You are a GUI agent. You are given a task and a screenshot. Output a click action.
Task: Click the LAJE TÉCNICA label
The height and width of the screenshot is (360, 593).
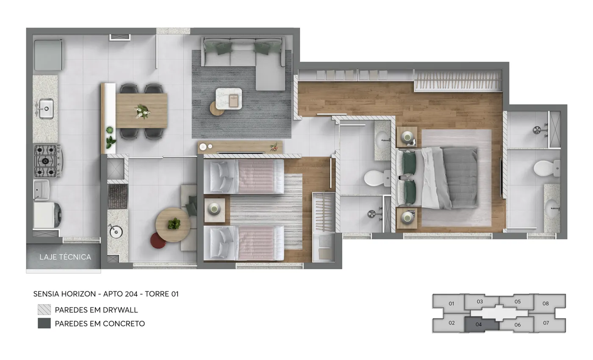tap(65, 257)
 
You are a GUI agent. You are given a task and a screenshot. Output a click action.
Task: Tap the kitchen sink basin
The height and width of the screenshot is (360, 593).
tap(46, 108)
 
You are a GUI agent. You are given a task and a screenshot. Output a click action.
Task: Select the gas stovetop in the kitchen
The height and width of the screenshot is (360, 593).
tap(47, 161)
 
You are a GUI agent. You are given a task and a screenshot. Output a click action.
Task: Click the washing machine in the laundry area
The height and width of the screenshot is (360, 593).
tap(47, 215)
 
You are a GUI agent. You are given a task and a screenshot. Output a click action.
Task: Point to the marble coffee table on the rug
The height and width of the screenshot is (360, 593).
tap(228, 98)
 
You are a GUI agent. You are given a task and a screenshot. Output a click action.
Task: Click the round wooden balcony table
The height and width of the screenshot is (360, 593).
tap(173, 225)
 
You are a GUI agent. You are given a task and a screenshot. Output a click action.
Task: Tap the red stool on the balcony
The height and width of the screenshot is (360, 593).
tap(158, 240)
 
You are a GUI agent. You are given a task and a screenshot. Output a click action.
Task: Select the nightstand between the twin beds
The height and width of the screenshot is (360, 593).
tap(214, 210)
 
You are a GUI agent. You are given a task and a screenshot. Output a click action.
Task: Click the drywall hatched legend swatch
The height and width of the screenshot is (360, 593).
tap(44, 310)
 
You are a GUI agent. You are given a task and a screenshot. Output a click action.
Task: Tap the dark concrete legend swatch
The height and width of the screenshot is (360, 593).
tap(44, 323)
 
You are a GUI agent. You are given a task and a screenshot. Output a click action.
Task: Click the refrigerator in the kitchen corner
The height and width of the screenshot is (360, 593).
tap(48, 55)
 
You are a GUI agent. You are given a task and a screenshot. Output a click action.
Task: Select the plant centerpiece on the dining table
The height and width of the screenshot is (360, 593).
tap(142, 111)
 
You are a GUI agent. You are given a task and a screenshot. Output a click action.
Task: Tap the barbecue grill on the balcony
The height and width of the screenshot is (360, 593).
tap(118, 197)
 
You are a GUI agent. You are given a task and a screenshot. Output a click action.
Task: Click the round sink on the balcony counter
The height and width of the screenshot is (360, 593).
tap(116, 232)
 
